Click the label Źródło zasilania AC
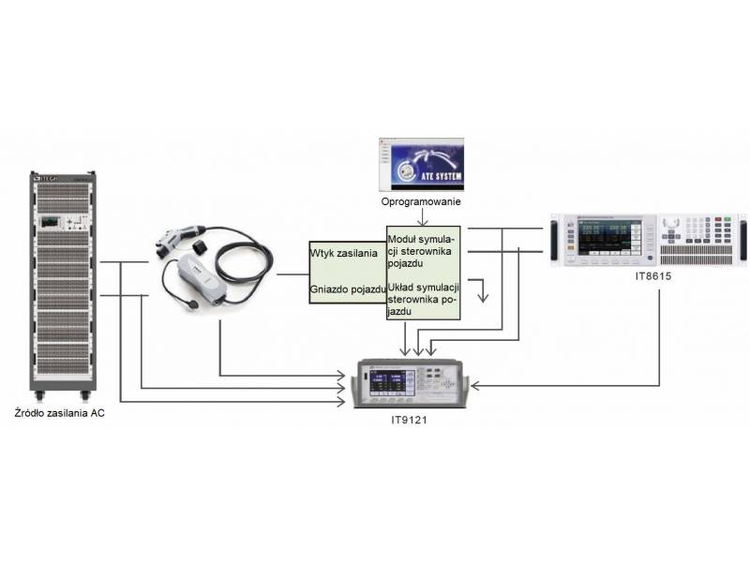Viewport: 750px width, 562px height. tap(58, 413)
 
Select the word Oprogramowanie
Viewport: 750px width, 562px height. tap(421, 201)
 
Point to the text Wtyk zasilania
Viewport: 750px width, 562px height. tap(343, 253)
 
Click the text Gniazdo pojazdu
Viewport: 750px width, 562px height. tap(347, 289)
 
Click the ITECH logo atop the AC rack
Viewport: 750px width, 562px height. tap(47, 176)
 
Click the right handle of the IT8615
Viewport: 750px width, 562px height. tap(743, 241)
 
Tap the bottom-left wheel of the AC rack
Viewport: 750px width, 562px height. tap(36, 394)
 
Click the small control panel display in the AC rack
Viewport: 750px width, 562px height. tap(49, 224)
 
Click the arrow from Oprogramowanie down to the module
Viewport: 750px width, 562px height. tap(422, 220)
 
